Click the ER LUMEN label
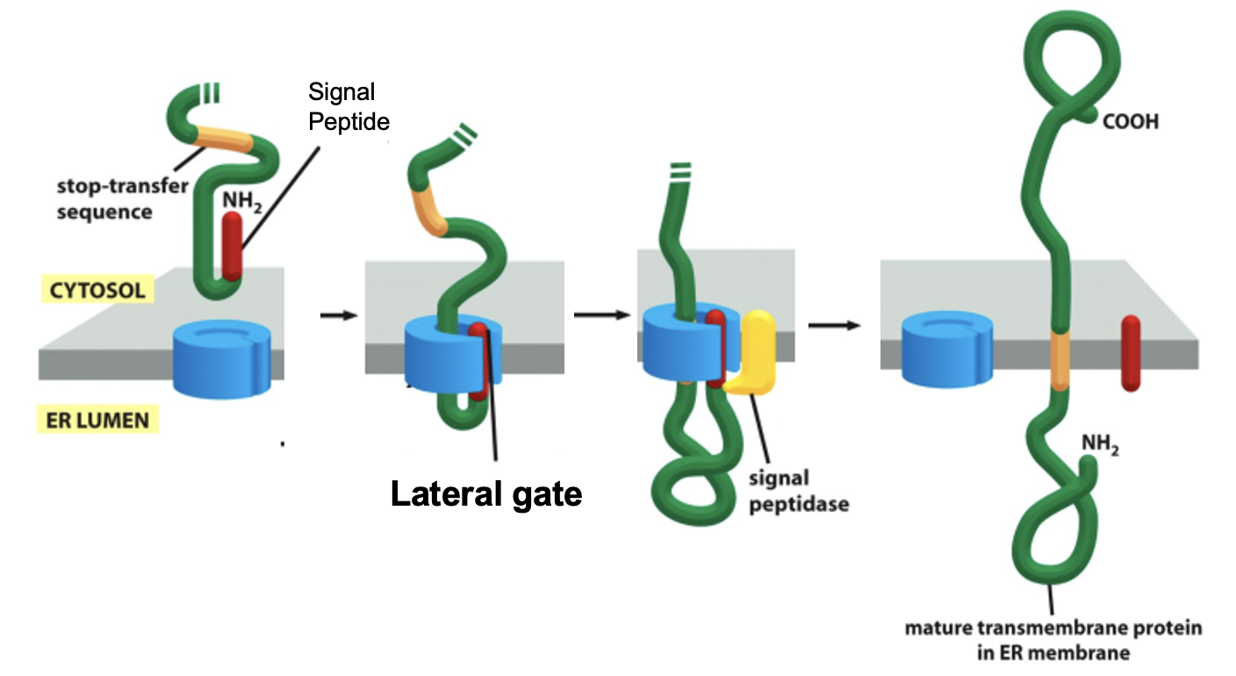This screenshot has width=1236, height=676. [x=97, y=420]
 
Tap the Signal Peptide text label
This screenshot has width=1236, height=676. [x=349, y=106]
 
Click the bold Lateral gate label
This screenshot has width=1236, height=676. [x=486, y=494]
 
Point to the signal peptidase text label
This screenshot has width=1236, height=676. [x=798, y=492]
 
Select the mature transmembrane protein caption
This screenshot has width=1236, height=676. [x=1053, y=640]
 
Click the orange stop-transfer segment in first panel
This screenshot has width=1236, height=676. [x=224, y=139]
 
